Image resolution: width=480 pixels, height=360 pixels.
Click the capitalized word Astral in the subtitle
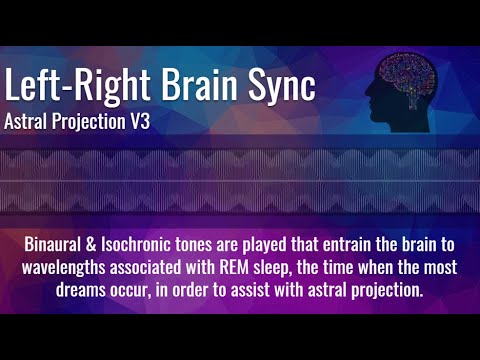click(30, 125)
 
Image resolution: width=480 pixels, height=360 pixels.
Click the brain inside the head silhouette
click(410, 77)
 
